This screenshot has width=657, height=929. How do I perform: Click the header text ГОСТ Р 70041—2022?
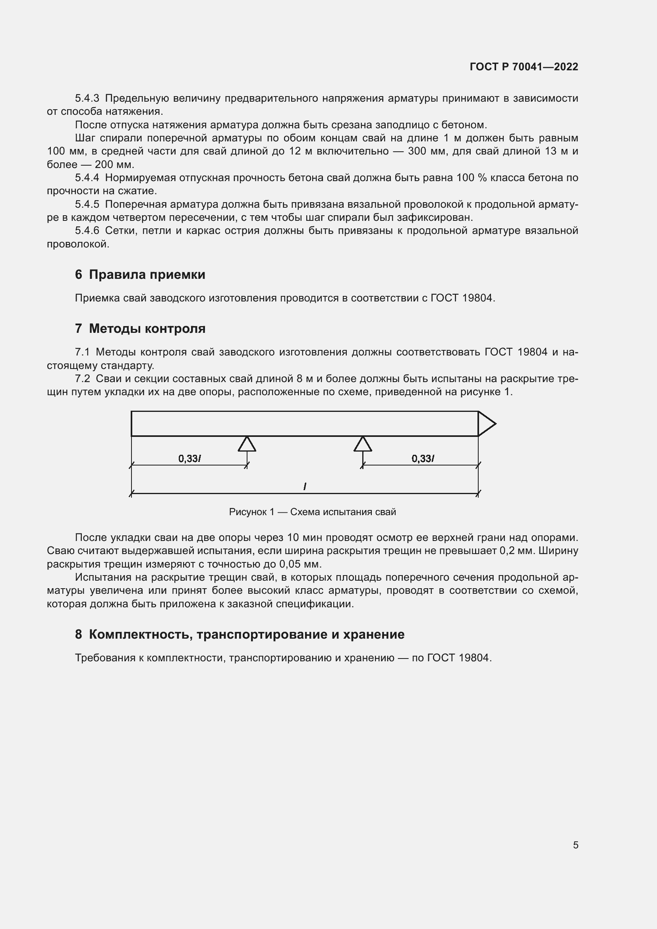point(524,67)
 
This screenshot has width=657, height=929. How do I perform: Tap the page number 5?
point(575,845)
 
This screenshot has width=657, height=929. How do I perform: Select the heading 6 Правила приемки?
point(140,274)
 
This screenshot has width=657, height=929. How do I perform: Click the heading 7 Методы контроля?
point(140,328)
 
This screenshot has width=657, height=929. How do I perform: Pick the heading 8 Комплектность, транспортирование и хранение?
point(240,634)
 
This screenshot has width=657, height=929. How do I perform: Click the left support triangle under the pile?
point(247,444)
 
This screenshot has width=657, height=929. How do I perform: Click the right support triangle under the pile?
point(363,444)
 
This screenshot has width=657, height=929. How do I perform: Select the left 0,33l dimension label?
point(190,458)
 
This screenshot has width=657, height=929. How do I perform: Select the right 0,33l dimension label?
point(423,458)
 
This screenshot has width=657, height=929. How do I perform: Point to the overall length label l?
point(305,487)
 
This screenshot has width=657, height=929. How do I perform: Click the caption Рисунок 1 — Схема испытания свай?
point(312,512)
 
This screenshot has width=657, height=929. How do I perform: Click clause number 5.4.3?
point(87,99)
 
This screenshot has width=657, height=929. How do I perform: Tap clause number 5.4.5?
point(87,204)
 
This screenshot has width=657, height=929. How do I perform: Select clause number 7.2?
point(83,379)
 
